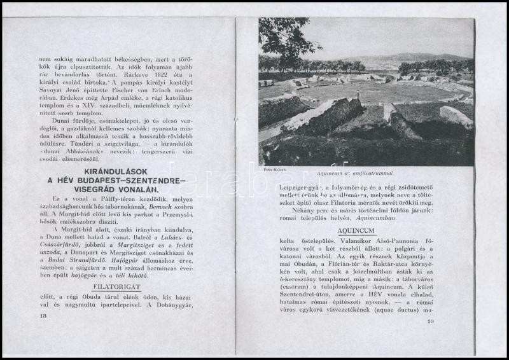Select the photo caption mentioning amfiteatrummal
tap(355, 172)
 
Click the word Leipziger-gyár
tap(299, 188)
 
